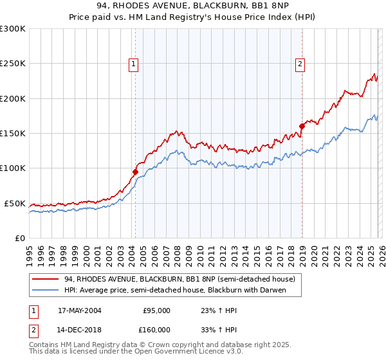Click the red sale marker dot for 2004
click(x=135, y=172)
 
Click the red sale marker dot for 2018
click(x=301, y=126)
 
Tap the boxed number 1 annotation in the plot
click(x=133, y=63)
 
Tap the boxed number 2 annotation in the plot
click(x=300, y=63)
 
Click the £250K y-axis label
click(x=13, y=64)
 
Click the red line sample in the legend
click(x=45, y=279)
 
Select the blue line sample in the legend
click(x=45, y=290)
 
